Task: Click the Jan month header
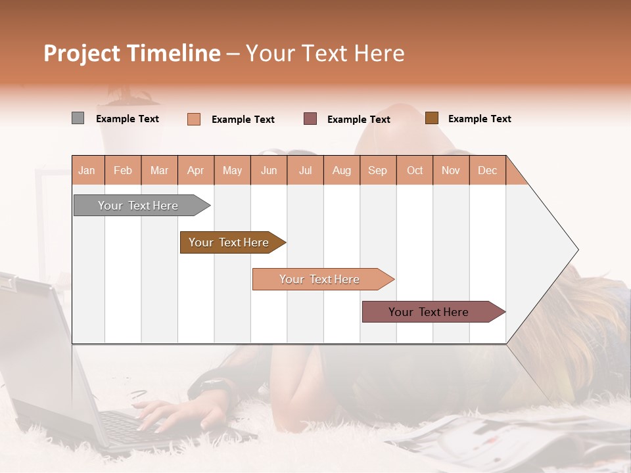click(87, 170)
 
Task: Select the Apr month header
click(195, 170)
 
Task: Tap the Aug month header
click(341, 170)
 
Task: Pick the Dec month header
click(487, 170)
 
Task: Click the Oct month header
click(414, 170)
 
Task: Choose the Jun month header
click(268, 170)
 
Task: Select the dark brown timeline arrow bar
click(230, 242)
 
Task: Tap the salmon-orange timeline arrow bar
click(321, 279)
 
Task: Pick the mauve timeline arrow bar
click(431, 312)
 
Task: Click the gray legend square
click(78, 118)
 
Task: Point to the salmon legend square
click(193, 119)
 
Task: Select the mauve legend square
click(310, 119)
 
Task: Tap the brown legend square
click(431, 118)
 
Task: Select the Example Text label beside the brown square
click(479, 118)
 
